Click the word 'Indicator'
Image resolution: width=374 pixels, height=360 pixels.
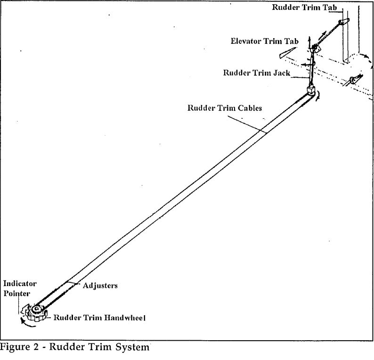coord(20,284)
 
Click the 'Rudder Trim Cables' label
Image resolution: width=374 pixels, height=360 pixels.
coord(225,107)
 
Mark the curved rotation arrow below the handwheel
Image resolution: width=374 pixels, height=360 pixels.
coord(27,322)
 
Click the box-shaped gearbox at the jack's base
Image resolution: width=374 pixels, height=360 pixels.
coord(311,90)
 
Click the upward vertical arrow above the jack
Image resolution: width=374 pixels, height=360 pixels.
coord(309,39)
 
